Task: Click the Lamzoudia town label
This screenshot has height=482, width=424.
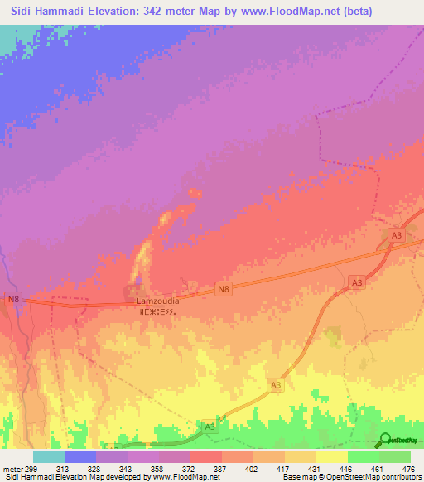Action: pos(157,301)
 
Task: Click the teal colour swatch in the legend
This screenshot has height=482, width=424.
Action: pos(48,456)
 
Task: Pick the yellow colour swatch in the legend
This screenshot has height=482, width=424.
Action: pos(331,456)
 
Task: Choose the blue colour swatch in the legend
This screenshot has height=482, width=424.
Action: pos(79,456)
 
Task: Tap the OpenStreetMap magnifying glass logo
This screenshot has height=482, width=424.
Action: pos(385,440)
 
